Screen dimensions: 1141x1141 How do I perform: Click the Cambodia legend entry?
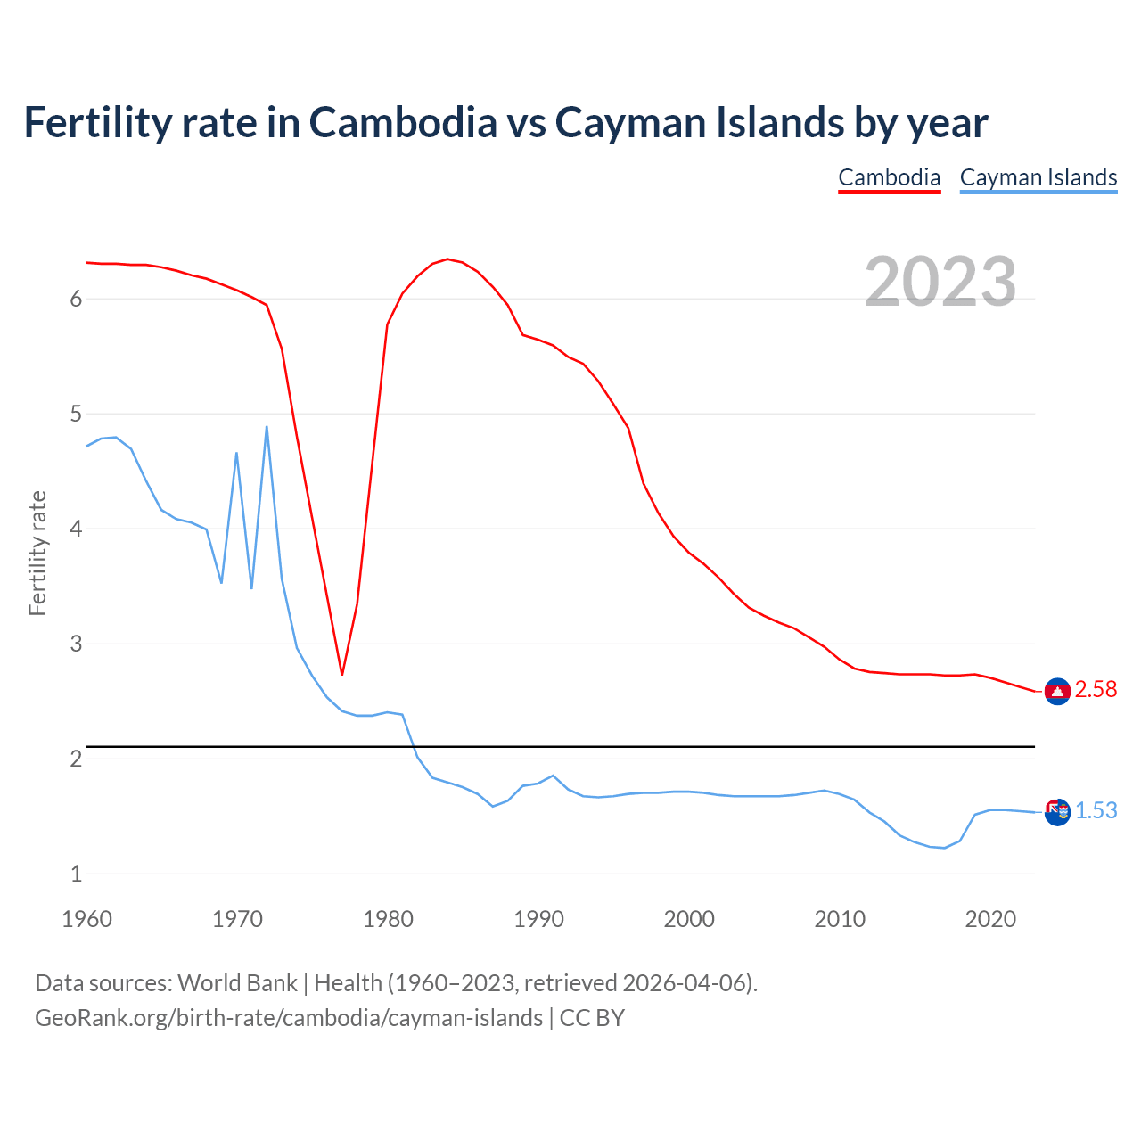(x=889, y=177)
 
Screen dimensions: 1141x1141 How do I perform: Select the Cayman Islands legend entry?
(x=1038, y=177)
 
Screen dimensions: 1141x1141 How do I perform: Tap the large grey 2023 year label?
(x=940, y=282)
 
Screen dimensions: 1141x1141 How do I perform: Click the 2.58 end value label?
(x=1096, y=690)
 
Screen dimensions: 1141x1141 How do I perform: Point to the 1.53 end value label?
(x=1096, y=811)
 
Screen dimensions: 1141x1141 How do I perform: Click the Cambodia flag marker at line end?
(x=1057, y=692)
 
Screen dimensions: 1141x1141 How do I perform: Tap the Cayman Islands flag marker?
(x=1057, y=812)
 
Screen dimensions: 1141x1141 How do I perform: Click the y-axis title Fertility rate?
(x=37, y=553)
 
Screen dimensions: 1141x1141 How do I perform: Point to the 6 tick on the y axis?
(x=77, y=300)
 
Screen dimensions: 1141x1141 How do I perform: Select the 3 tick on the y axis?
(x=77, y=644)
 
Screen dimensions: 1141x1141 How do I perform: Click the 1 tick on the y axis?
(x=77, y=874)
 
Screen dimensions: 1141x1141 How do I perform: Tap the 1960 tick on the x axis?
(x=86, y=919)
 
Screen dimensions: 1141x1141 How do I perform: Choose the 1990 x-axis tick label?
(x=538, y=919)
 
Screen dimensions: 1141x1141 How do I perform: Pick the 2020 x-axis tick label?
(x=990, y=919)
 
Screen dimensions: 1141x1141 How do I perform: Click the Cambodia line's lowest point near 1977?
(x=341, y=674)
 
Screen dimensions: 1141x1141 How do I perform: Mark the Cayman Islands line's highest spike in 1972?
(x=267, y=427)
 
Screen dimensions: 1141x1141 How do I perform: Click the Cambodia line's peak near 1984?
(x=447, y=259)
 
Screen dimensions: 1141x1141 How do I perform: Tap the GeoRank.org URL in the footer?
(x=288, y=1018)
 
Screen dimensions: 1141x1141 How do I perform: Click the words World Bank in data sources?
(x=237, y=983)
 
